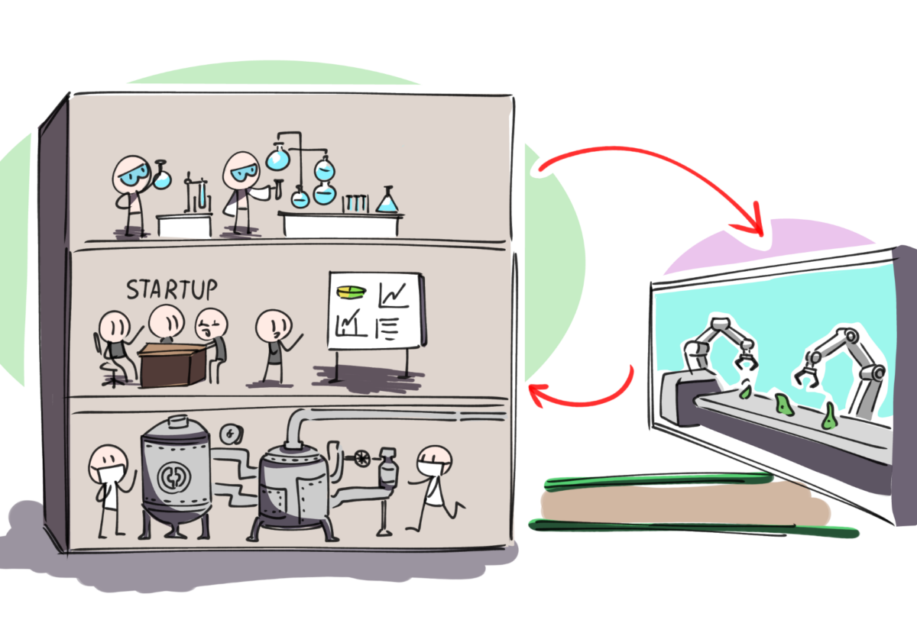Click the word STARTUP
(x=171, y=289)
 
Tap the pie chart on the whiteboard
(x=352, y=292)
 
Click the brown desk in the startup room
(x=173, y=365)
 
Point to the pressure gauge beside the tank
(x=232, y=434)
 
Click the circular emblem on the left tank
(x=174, y=477)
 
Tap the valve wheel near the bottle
(x=362, y=458)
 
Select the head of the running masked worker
(x=434, y=461)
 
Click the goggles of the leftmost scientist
(x=134, y=175)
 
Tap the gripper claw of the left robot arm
(x=746, y=360)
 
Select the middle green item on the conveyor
(x=783, y=405)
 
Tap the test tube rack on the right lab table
(x=355, y=203)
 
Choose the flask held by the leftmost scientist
(x=161, y=175)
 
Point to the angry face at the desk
(x=211, y=324)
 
